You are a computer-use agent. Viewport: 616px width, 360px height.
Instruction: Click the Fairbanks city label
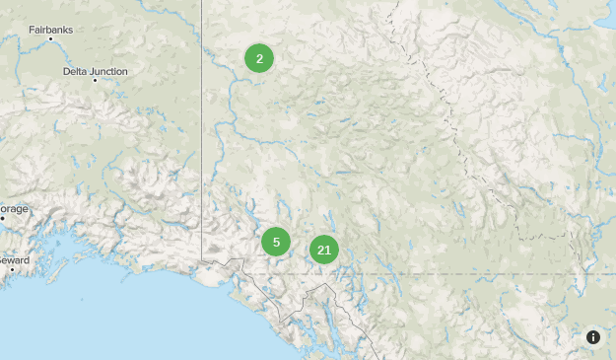[50, 30]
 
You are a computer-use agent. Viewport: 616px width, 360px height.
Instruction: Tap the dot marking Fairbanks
[50, 39]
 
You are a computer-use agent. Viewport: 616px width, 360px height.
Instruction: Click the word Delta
[75, 72]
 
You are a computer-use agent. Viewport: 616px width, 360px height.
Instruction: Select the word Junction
[109, 72]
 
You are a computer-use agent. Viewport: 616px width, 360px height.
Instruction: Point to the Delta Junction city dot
[95, 81]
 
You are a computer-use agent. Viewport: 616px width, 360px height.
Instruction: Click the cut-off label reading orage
[14, 209]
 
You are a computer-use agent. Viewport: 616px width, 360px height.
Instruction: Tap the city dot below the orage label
[3, 218]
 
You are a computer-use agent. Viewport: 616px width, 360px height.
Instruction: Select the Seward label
[14, 259]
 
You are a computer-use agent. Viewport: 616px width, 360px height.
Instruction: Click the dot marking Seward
[12, 268]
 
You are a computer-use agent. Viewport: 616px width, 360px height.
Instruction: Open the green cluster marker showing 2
[259, 59]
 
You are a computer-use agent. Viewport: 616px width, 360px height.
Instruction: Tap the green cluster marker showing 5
[276, 242]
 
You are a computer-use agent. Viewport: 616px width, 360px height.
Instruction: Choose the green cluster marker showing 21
[323, 250]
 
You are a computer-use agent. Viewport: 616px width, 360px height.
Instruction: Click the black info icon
[593, 337]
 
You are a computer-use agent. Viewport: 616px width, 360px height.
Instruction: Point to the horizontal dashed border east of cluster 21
[473, 273]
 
